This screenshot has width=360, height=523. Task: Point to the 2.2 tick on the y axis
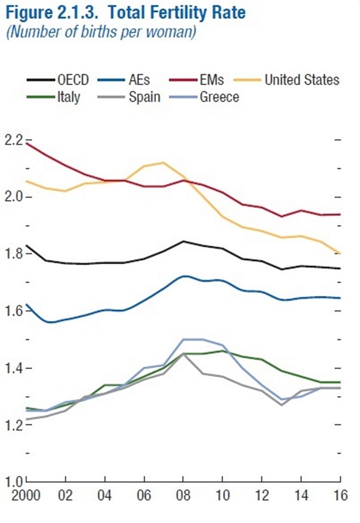click(13, 140)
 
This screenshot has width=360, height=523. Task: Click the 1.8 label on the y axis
click(13, 254)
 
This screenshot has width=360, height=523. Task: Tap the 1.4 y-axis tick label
click(13, 368)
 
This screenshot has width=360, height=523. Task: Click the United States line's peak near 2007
click(163, 162)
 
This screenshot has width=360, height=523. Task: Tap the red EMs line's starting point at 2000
click(27, 143)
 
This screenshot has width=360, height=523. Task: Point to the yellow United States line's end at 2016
click(340, 253)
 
